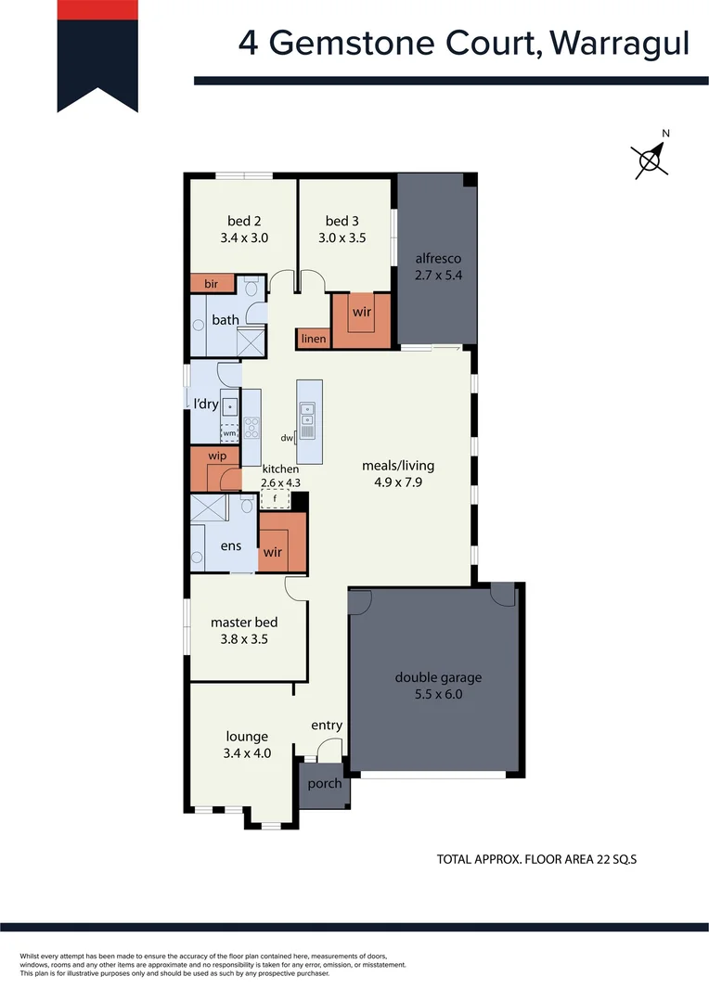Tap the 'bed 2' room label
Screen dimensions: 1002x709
click(244, 221)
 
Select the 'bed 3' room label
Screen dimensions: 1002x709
click(342, 221)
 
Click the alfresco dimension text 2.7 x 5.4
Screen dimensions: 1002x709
click(438, 275)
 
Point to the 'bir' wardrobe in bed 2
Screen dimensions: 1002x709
click(212, 284)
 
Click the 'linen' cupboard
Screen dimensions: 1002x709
click(314, 339)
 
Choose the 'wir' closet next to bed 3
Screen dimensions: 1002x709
click(361, 313)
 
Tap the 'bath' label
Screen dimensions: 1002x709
click(226, 320)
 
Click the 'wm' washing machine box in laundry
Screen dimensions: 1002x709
click(228, 433)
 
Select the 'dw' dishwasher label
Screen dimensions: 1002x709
click(287, 438)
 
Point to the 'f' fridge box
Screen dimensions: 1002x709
click(275, 499)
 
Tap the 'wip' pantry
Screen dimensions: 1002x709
click(217, 456)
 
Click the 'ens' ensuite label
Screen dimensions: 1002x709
click(230, 546)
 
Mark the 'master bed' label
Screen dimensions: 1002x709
click(244, 623)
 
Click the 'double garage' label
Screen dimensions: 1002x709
click(438, 677)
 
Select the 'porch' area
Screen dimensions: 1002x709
click(325, 783)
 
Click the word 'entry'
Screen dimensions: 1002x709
click(327, 726)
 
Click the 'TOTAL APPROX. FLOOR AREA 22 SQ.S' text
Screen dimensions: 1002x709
click(536, 860)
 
